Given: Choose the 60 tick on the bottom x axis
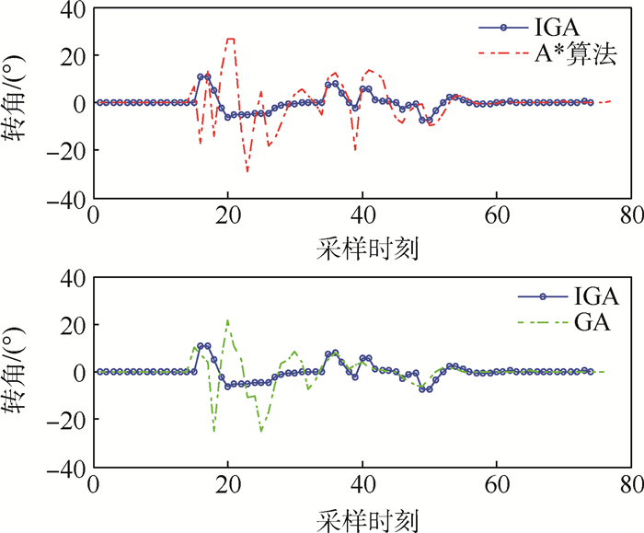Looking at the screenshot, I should (x=497, y=485).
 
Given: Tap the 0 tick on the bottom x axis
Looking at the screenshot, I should (x=93, y=485).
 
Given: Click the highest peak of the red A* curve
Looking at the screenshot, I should (x=230, y=39).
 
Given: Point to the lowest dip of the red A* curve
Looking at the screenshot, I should (x=247, y=172).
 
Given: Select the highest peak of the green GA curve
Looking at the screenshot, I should (x=227, y=319).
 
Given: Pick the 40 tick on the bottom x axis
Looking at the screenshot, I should (x=362, y=485).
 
